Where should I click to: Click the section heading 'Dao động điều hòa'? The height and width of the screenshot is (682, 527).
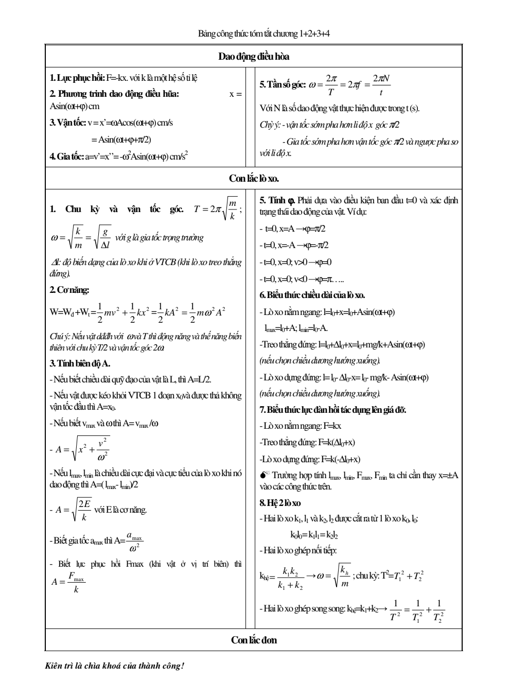257,57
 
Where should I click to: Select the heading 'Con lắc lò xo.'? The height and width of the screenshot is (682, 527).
254,179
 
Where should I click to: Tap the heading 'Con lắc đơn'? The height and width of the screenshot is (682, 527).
254,640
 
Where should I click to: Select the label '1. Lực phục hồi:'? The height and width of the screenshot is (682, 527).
77,78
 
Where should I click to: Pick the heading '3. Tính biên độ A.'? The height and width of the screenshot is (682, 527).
80,363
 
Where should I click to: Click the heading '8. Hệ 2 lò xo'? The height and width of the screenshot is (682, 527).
280,502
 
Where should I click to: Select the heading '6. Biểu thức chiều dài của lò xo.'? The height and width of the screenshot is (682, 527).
312,295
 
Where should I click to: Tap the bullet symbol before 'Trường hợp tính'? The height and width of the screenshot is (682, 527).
265,475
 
